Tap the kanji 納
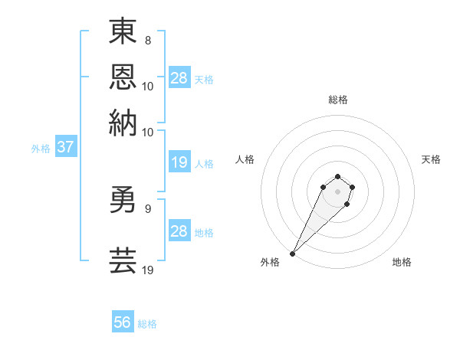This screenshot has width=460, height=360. (123, 123)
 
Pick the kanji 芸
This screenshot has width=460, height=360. (123, 260)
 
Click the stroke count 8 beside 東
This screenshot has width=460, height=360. (148, 40)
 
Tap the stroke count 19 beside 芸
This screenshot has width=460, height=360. (149, 269)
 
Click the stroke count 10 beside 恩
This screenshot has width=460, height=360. (148, 86)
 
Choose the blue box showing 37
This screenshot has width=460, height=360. (65, 148)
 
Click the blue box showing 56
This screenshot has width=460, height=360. (123, 323)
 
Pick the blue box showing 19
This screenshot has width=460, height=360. (179, 162)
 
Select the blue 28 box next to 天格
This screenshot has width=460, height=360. (179, 78)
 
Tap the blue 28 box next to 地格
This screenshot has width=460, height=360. (179, 231)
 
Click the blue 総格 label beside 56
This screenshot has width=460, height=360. (147, 324)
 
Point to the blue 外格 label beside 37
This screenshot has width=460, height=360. (41, 149)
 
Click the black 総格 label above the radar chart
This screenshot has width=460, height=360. (337, 100)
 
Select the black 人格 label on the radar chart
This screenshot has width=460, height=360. (245, 159)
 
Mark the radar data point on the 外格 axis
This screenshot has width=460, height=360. (292, 254)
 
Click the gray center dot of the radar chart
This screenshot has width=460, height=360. (337, 191)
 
